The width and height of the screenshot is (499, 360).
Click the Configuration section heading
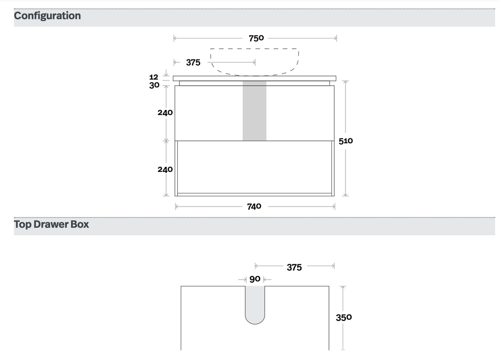coord(47,16)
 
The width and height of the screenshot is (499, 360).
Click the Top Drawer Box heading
coord(51,225)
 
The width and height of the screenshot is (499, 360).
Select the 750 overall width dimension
coord(256,38)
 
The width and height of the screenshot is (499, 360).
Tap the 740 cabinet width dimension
coord(254,207)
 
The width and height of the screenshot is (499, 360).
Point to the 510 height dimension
coord(345,141)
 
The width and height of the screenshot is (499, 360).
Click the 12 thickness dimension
coord(154,77)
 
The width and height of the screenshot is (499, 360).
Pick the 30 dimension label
coord(154,85)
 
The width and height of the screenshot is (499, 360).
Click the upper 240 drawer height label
coord(165,113)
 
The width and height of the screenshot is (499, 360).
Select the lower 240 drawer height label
coord(165,170)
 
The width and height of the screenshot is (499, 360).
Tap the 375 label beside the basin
coord(193,62)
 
